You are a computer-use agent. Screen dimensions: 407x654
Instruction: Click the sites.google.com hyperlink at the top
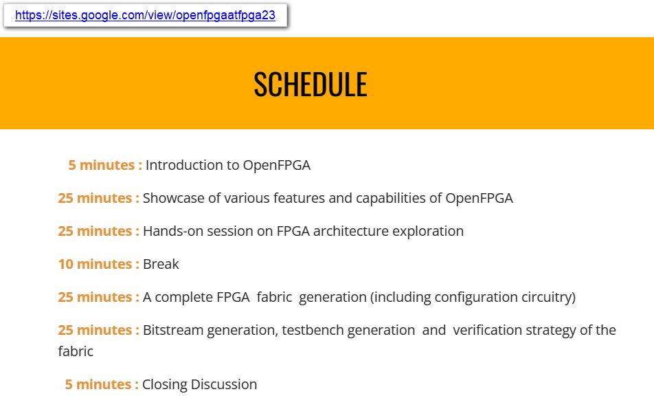[145, 16]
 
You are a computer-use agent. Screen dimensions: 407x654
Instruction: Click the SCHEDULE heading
[310, 84]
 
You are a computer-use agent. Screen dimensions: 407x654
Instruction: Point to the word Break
[161, 264]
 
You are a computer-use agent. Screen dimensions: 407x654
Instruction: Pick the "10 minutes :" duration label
[98, 264]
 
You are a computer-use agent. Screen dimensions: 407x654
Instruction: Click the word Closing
[164, 384]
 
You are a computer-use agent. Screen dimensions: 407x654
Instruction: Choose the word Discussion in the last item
[223, 384]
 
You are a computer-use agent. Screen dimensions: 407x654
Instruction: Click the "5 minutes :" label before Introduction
[105, 165]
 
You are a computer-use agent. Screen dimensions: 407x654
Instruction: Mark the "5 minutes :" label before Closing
[102, 384]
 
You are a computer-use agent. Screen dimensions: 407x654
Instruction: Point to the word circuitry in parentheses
[545, 297]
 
